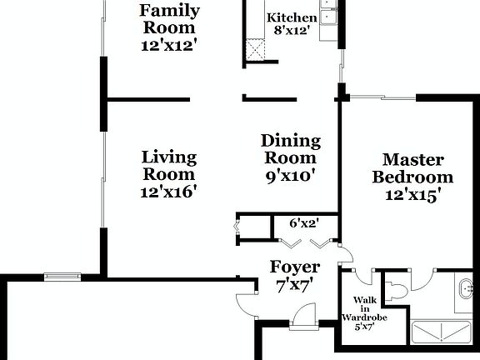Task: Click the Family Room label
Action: click(x=169, y=12)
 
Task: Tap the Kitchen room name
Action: click(x=291, y=18)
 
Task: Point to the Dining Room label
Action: click(x=289, y=149)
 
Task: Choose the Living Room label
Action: click(x=169, y=165)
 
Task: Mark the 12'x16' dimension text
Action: click(x=169, y=191)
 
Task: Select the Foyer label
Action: click(x=295, y=267)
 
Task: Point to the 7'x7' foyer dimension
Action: click(x=295, y=286)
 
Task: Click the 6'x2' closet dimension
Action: click(x=305, y=222)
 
